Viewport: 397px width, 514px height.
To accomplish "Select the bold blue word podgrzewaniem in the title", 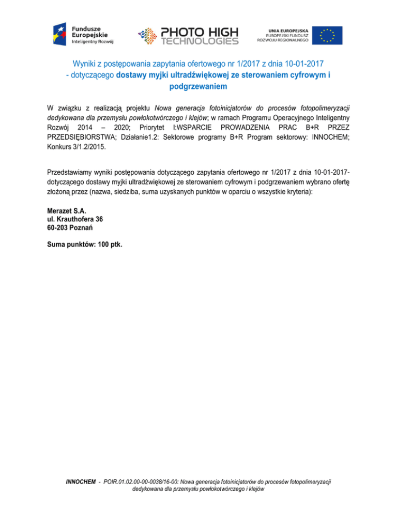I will pos(198,87).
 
